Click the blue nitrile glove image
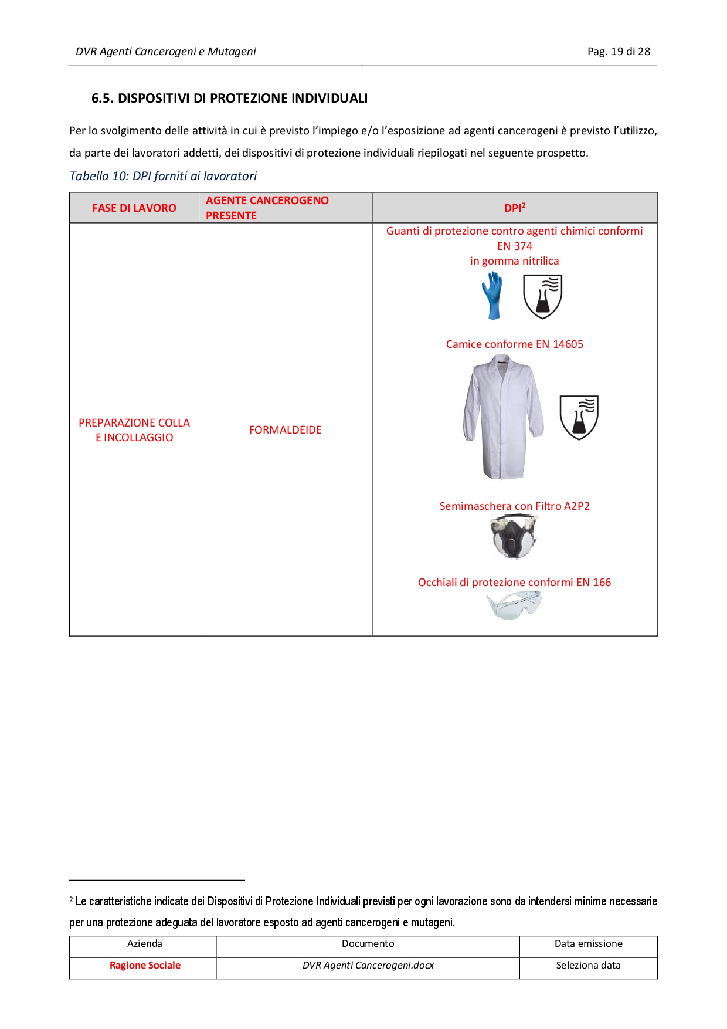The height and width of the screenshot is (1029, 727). [492, 295]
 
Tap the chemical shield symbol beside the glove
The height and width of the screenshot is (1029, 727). [542, 297]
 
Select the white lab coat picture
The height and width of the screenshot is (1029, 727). [503, 417]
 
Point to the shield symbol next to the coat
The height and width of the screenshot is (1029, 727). [579, 417]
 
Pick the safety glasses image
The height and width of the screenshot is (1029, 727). [514, 605]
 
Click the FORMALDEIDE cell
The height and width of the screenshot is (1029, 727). [286, 430]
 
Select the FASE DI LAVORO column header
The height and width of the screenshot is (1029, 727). [134, 208]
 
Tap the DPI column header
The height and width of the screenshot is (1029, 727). [514, 208]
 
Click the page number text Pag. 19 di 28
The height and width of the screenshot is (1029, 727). [619, 52]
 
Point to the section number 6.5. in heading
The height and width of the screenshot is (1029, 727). [103, 99]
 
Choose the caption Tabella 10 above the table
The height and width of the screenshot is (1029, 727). [163, 176]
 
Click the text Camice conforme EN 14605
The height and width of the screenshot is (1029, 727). [514, 344]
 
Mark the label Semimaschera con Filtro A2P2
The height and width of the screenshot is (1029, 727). [514, 506]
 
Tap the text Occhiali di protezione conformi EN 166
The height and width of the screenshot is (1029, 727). [514, 583]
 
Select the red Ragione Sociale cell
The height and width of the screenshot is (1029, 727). [145, 965]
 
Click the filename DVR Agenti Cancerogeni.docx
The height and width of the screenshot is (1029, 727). [368, 965]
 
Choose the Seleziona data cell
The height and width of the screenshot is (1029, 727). [588, 965]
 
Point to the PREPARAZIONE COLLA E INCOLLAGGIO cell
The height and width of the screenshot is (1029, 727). [134, 430]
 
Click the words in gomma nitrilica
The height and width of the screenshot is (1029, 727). [514, 261]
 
